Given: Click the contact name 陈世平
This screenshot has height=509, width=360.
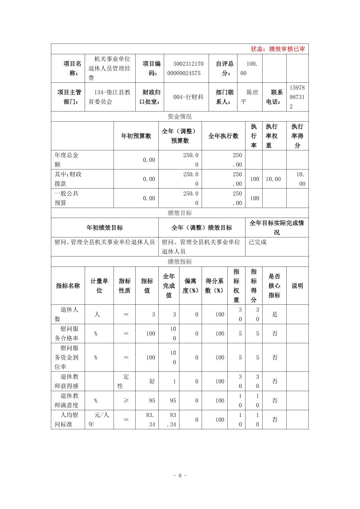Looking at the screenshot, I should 250,97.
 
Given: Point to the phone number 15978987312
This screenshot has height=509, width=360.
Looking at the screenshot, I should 297,97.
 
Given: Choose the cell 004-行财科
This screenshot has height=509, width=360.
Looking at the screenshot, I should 188,97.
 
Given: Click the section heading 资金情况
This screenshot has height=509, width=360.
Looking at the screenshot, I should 179,117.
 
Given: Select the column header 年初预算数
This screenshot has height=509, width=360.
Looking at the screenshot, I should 136,136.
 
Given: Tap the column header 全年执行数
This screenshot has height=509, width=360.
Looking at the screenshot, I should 223,136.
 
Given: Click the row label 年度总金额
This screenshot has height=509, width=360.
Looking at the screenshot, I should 67,160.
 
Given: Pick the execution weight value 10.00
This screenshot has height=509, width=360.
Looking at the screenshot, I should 273,179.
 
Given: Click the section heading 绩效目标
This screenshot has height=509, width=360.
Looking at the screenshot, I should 179,213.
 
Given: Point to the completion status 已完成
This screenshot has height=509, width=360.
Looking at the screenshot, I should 258,242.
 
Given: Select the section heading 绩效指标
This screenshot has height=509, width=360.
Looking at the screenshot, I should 179,262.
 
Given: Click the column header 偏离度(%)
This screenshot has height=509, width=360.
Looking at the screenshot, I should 190,286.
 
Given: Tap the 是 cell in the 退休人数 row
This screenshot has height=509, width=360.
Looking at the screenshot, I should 275,314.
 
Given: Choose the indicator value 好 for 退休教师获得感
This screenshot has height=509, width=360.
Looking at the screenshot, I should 152,381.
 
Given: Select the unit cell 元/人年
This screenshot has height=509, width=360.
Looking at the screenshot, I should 99,420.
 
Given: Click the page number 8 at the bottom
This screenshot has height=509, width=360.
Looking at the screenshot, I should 180,476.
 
